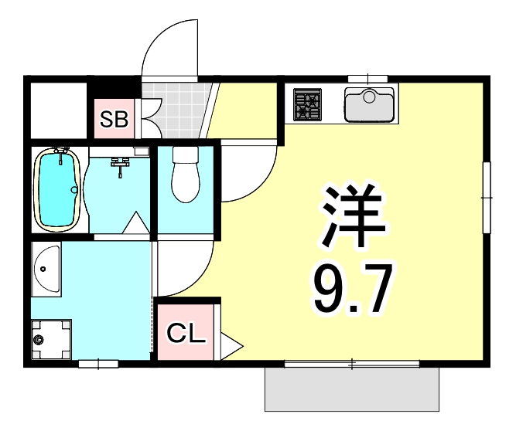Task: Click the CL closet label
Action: (186, 334)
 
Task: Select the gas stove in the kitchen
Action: (307, 105)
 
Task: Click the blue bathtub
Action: (57, 190)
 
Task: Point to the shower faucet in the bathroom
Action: (120, 165)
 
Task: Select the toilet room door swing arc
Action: (248, 174)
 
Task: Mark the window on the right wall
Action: (487, 197)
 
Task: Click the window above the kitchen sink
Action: (367, 78)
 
